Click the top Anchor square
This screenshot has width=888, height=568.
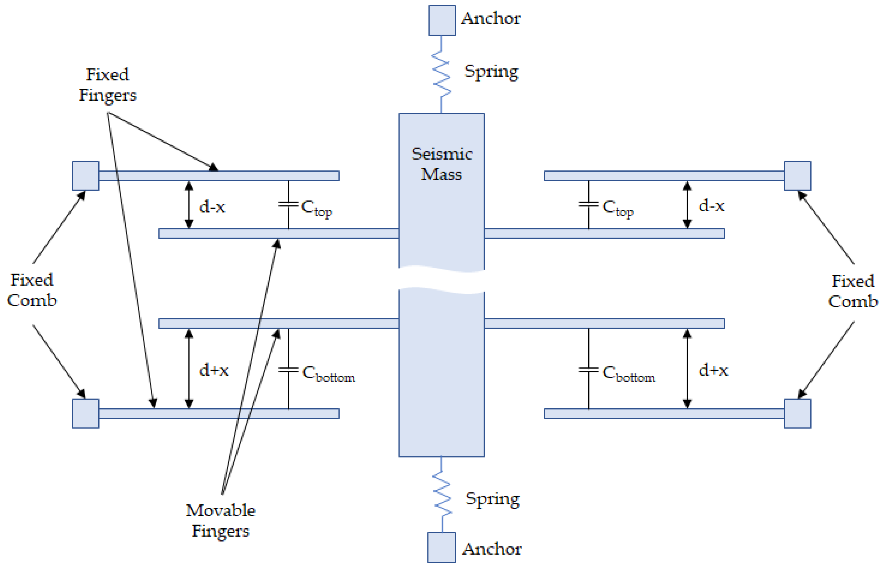(x=442, y=20)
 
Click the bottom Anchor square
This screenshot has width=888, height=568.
(x=442, y=547)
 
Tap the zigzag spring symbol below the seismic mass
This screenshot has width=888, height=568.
(x=442, y=494)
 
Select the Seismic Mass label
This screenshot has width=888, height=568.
(x=442, y=164)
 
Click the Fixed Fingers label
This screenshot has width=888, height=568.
(x=107, y=85)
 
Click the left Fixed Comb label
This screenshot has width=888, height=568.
(x=32, y=290)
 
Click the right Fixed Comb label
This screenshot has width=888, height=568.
(x=853, y=291)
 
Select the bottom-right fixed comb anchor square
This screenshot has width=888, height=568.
(x=797, y=414)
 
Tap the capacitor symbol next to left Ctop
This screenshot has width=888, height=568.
(x=288, y=204)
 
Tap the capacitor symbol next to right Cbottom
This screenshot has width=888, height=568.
(x=588, y=370)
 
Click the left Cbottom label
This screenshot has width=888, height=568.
(x=328, y=373)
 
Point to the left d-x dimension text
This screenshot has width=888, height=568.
(x=212, y=207)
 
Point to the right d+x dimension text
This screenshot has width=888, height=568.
(x=713, y=370)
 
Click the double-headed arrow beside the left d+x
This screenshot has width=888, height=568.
(x=189, y=369)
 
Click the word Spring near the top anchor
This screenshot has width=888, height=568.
(x=491, y=72)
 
